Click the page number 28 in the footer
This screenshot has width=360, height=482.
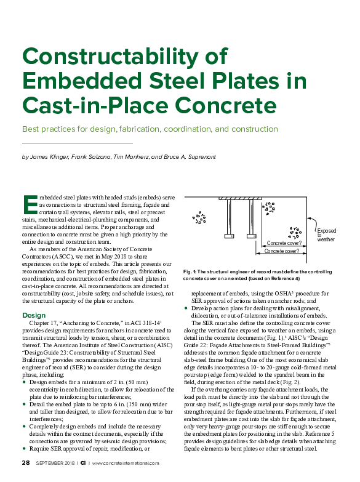25,462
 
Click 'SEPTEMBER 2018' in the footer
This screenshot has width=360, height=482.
56,462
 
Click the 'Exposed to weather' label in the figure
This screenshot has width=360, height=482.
326,236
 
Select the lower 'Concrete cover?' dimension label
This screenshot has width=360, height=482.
282,252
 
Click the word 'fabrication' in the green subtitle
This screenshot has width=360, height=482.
143,130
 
